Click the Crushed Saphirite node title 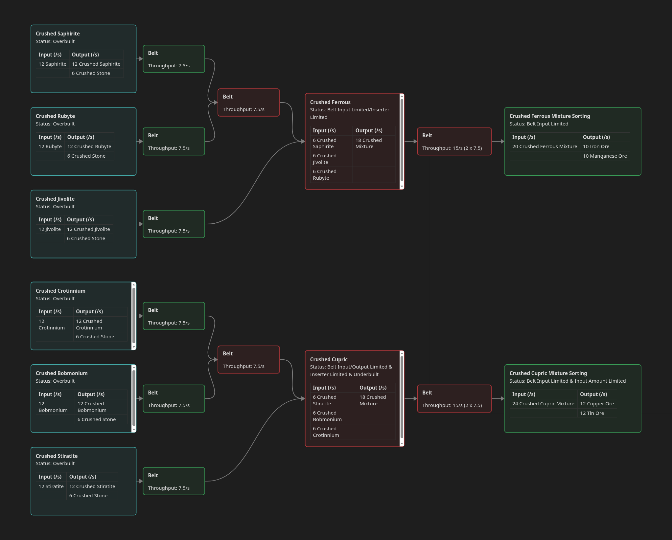(x=58, y=34)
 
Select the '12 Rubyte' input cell (x=50, y=146)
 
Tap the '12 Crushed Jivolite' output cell (x=88, y=229)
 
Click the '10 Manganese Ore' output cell (x=605, y=156)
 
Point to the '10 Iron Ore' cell (x=596, y=146)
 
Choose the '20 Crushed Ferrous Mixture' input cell (x=545, y=146)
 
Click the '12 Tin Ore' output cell (x=592, y=413)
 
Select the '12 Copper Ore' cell (x=597, y=404)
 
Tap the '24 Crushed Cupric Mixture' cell (x=543, y=404)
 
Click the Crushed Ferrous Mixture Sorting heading (x=549, y=116)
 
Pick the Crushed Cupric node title (x=329, y=359)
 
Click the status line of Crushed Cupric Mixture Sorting (x=568, y=381)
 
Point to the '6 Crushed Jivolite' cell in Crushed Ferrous (x=325, y=159)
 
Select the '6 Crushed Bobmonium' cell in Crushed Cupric (x=327, y=416)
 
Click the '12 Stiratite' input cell (x=51, y=486)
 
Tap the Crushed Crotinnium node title (x=60, y=291)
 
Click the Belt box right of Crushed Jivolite (x=174, y=224)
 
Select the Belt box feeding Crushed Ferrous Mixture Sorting (x=454, y=142)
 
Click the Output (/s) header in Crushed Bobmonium (x=91, y=394)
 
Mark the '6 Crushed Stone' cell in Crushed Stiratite (x=88, y=496)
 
